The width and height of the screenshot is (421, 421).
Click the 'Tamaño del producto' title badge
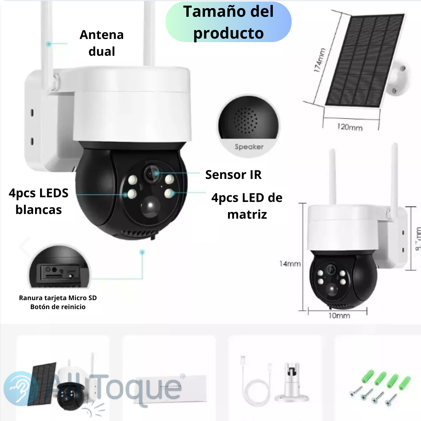tap(228, 23)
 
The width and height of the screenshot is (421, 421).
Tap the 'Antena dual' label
tap(101, 43)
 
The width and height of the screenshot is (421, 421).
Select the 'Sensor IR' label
tap(233, 175)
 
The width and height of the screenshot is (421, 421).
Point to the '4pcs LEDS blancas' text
tap(39, 201)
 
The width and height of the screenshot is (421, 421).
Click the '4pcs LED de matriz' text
tap(247, 206)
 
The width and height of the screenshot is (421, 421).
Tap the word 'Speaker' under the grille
tap(249, 147)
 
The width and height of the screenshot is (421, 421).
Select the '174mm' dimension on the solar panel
tap(319, 60)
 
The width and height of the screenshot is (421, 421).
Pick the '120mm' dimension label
tap(350, 127)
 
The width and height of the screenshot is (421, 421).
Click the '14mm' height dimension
tap(290, 264)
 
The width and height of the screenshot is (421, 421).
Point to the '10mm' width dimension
tap(339, 315)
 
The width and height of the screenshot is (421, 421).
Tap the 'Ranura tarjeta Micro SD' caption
tap(58, 298)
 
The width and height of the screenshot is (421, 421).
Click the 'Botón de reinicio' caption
tap(58, 307)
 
